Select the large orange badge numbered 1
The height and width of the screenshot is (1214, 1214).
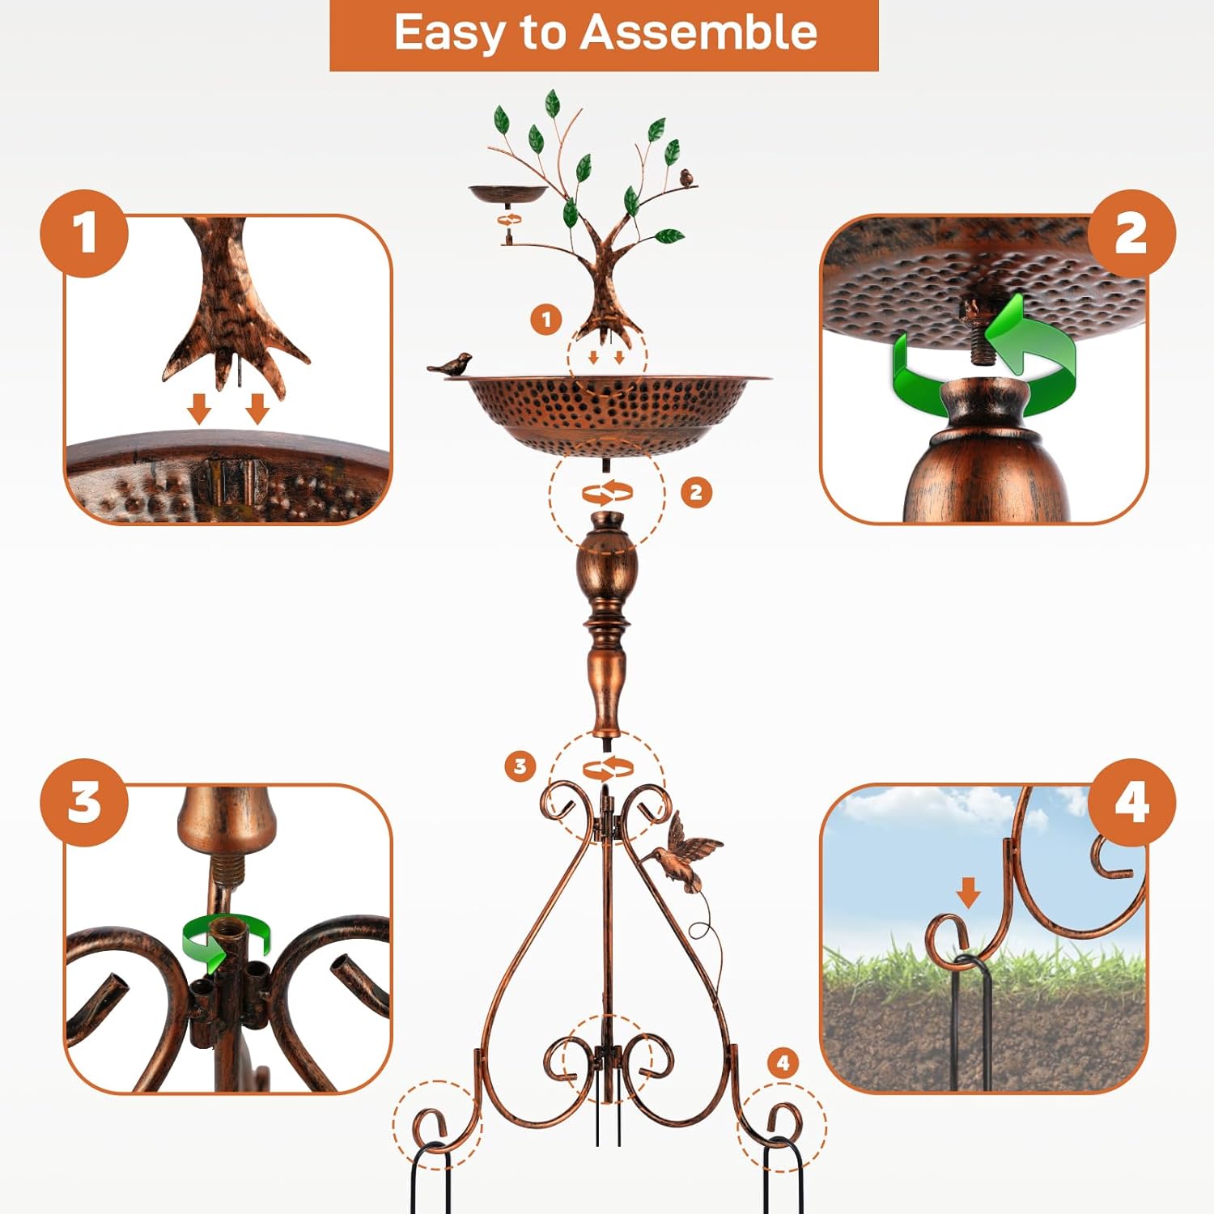(84, 234)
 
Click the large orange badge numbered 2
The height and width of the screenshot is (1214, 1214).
(1131, 234)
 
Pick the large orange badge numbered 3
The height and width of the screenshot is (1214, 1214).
(84, 802)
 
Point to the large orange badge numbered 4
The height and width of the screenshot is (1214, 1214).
(1131, 802)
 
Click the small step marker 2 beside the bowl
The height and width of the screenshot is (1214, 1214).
(696, 492)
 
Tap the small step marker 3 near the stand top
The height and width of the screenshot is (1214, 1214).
(520, 766)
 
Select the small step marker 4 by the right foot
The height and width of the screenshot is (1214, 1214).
(782, 1063)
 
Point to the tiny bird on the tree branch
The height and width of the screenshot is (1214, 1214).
(687, 177)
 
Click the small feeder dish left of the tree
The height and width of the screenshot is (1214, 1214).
(508, 194)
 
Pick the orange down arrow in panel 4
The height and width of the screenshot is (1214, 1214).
(968, 894)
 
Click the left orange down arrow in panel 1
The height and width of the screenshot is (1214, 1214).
(199, 408)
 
